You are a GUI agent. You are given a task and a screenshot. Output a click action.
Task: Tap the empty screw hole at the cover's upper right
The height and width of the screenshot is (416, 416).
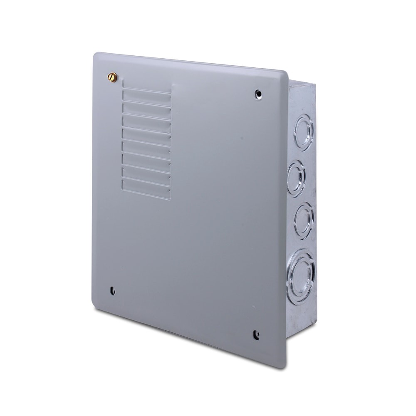click(259, 94)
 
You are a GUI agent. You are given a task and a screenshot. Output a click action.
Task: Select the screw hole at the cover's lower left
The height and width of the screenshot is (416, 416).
click(112, 291)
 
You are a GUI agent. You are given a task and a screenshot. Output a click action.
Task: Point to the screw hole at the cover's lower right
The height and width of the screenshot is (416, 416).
click(256, 334)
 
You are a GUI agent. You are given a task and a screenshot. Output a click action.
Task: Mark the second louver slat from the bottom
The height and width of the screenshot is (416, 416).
click(146, 178)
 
